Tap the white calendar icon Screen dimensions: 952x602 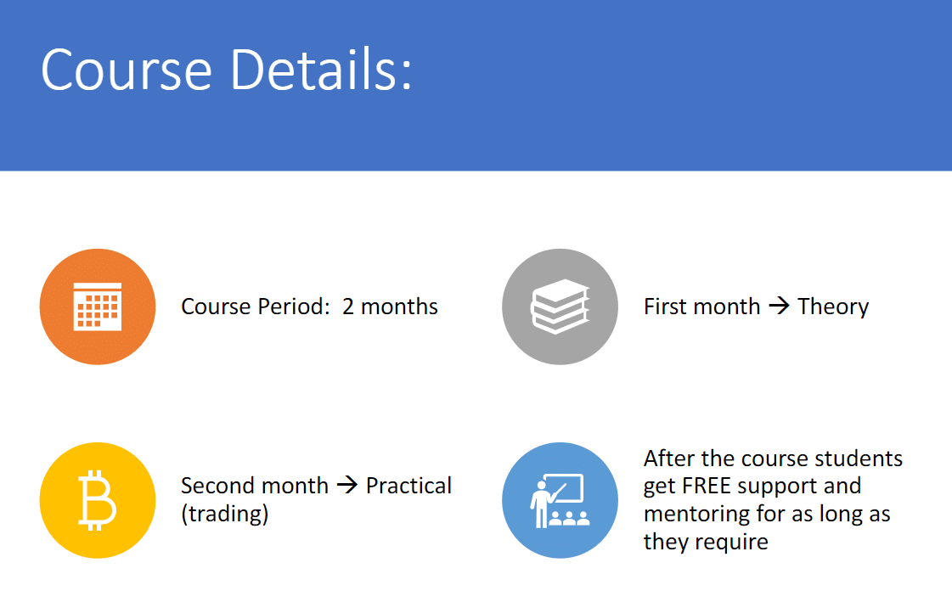click(98, 307)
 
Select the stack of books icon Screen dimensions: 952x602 click(560, 307)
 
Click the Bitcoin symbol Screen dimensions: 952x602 click(97, 500)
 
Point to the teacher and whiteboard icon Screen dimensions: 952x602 click(560, 501)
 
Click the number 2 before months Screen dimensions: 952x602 click(348, 307)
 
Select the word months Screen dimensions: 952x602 click(399, 307)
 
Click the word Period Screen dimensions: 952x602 click(294, 307)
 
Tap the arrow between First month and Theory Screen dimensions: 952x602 click(779, 306)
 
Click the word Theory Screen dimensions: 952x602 click(833, 307)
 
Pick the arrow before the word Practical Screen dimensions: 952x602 click(347, 484)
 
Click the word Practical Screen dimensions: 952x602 click(408, 486)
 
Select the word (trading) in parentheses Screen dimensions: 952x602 click(225, 514)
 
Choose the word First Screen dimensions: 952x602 click(668, 307)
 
